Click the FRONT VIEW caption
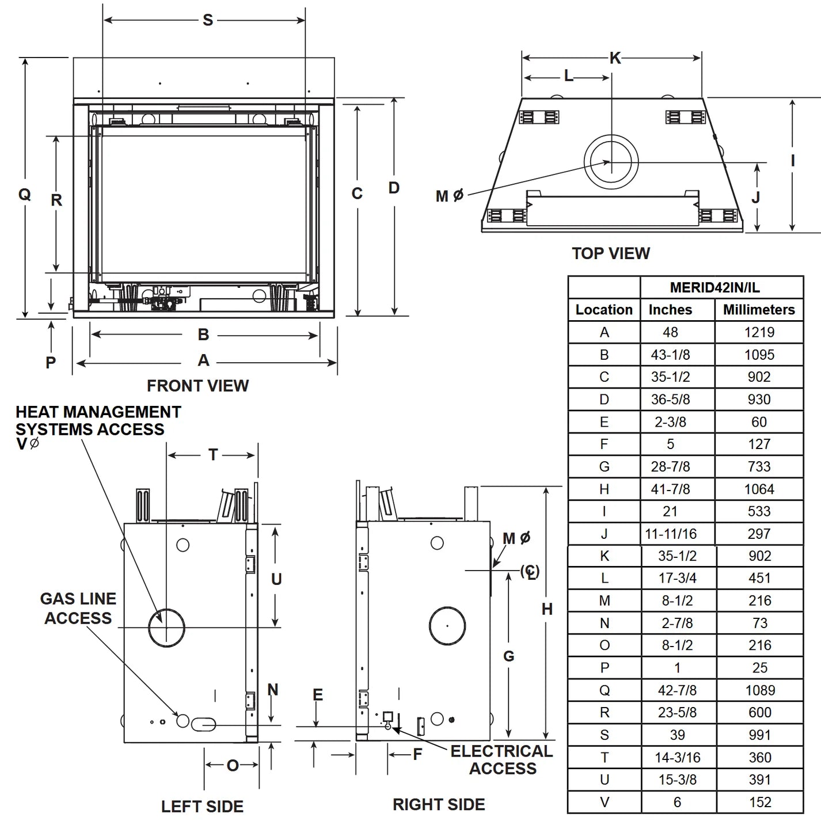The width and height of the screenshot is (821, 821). (x=197, y=386)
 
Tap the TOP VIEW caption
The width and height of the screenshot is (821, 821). (x=610, y=253)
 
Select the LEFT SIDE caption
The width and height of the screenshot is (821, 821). (x=202, y=807)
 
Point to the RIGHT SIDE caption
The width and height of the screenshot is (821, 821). (x=439, y=804)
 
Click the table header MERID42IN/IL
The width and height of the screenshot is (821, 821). (x=714, y=287)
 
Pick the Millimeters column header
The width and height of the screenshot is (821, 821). (x=759, y=310)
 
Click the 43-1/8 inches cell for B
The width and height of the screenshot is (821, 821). (x=670, y=355)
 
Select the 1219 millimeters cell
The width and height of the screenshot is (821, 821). (x=759, y=332)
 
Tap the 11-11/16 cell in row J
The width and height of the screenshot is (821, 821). (x=670, y=534)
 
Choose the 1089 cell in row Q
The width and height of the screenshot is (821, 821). (x=759, y=690)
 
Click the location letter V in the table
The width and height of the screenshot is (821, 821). (x=604, y=802)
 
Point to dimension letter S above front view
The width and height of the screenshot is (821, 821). (x=208, y=21)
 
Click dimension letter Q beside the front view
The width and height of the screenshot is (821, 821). (x=24, y=195)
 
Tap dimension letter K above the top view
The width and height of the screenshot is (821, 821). (x=615, y=58)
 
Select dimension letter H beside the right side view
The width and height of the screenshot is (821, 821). (x=547, y=609)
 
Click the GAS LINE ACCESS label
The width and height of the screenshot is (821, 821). (x=78, y=609)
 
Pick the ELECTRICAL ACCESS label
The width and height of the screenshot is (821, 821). (x=501, y=759)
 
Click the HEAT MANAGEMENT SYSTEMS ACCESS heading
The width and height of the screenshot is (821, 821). (x=98, y=421)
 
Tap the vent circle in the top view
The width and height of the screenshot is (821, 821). (x=611, y=162)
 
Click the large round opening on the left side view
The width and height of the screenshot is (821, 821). (x=166, y=626)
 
